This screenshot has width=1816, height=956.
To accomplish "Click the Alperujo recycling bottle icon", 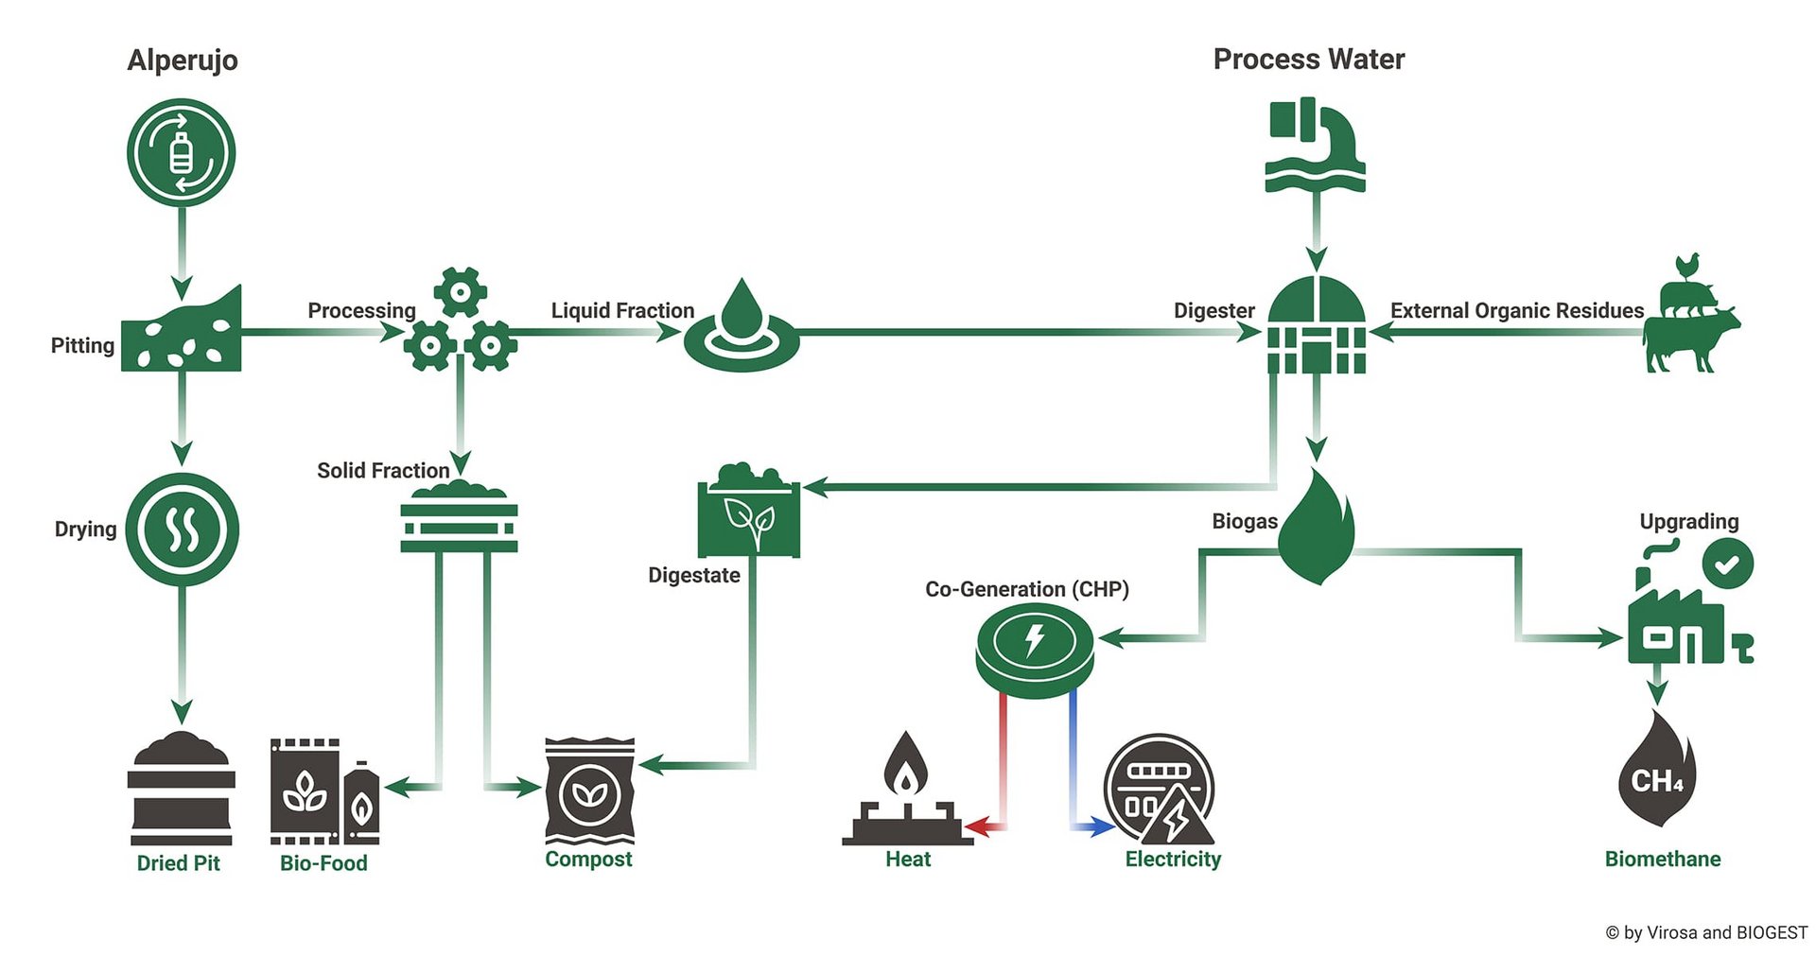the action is pyautogui.click(x=181, y=152).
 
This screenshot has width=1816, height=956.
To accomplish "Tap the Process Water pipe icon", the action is pyautogui.click(x=1315, y=145).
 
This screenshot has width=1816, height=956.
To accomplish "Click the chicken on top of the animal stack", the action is pyautogui.click(x=1686, y=266).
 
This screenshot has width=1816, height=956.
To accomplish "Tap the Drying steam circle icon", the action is pyautogui.click(x=183, y=530).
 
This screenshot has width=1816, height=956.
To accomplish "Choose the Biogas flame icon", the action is pyautogui.click(x=1317, y=528).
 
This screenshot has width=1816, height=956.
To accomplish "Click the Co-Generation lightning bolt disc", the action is pyautogui.click(x=1035, y=651).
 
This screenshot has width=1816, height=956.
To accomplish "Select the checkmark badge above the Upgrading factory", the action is pyautogui.click(x=1728, y=564).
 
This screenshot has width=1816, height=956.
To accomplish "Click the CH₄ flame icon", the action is pyautogui.click(x=1657, y=769).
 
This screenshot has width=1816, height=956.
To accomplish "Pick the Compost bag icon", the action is pyautogui.click(x=589, y=791).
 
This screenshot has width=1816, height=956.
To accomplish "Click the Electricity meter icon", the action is pyautogui.click(x=1160, y=790).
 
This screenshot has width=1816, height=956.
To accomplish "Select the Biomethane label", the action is pyautogui.click(x=1663, y=859).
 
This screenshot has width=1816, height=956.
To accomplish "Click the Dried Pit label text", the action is pyautogui.click(x=179, y=862).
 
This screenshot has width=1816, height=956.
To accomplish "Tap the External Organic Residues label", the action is pyautogui.click(x=1517, y=311).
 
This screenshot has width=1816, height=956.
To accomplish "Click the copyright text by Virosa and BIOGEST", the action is pyautogui.click(x=1706, y=932).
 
